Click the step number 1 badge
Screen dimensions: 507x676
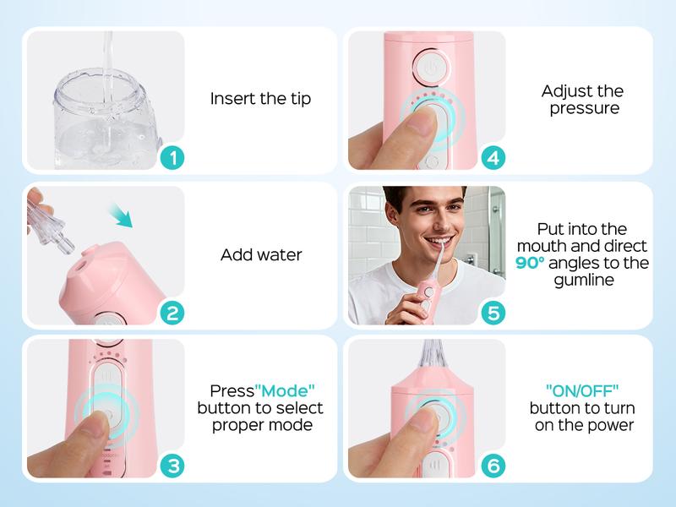(x=172, y=158)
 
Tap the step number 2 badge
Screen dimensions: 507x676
(x=172, y=313)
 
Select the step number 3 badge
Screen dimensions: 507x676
(x=172, y=466)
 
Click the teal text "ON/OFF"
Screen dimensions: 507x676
(x=583, y=390)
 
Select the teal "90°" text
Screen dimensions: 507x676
(x=533, y=263)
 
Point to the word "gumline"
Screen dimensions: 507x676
(x=582, y=279)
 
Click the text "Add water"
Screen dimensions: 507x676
(x=260, y=254)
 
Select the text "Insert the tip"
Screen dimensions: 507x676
(x=260, y=99)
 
